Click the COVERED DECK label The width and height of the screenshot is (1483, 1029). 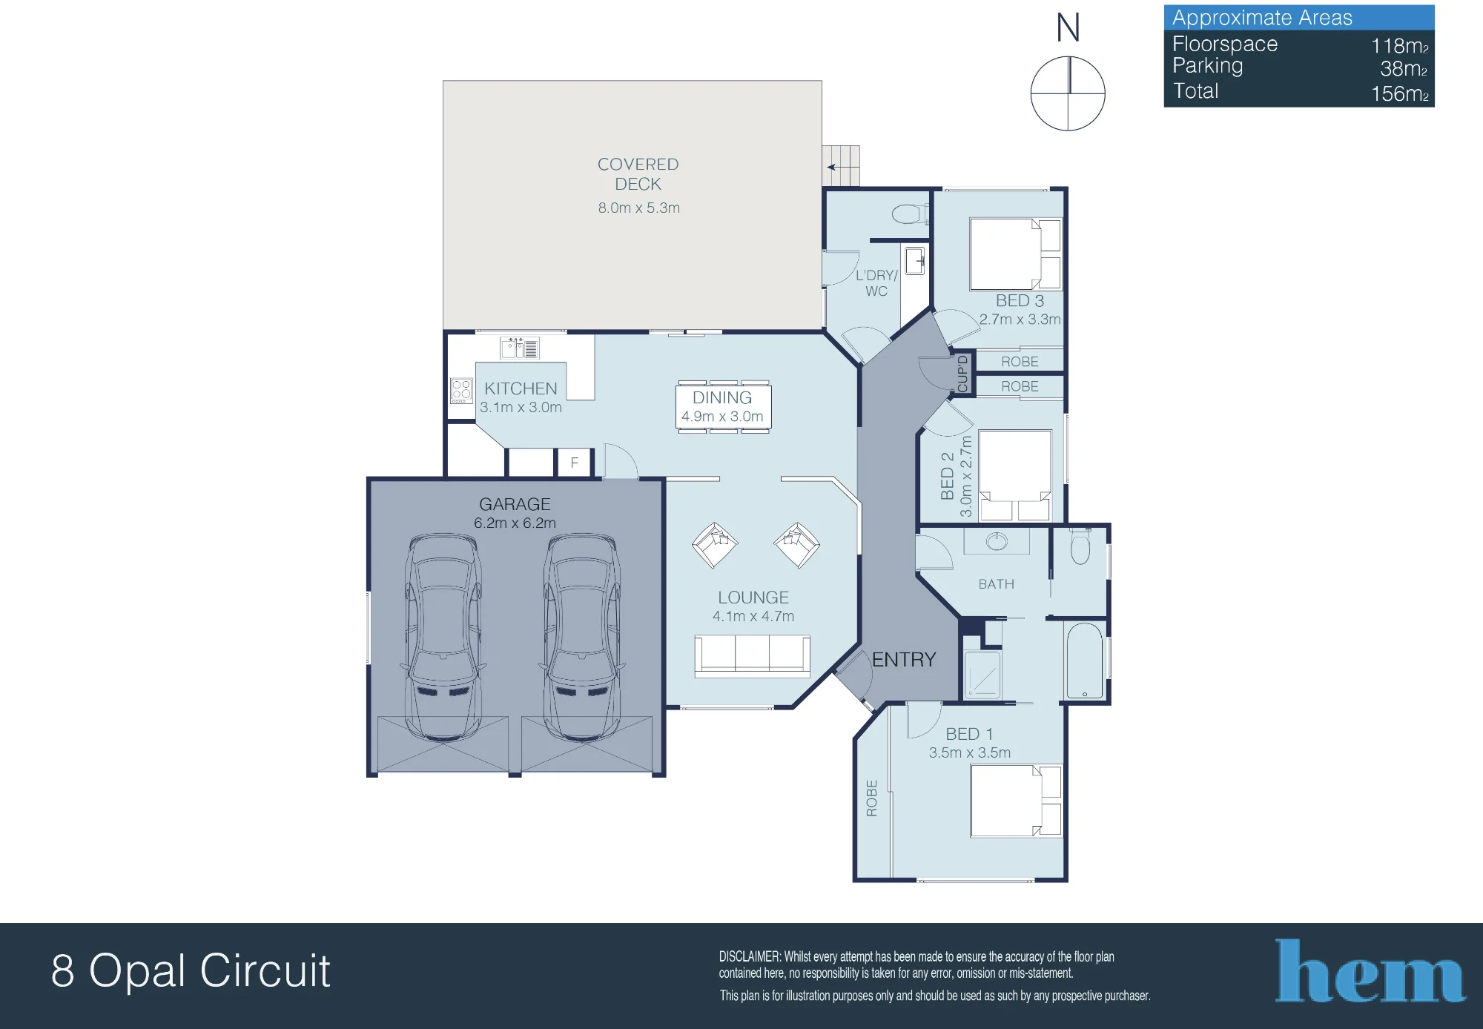coord(638,174)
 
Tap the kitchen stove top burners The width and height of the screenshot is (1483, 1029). coord(461,391)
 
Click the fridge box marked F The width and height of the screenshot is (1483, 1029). coord(575,463)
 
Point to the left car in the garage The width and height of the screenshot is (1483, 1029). coord(443,638)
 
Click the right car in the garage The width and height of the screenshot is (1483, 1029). coord(583,638)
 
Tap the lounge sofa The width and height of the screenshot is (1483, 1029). coord(752,656)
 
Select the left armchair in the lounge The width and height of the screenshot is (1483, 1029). coord(715,545)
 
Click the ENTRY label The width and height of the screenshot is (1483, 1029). coord(903,660)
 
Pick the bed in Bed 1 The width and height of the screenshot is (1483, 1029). coord(1016,801)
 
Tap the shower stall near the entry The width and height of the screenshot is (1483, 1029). coord(982,675)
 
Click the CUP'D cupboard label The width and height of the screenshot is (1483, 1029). coord(962,373)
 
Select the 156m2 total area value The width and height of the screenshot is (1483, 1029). coord(1399,93)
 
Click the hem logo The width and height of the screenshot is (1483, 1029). coord(1370,971)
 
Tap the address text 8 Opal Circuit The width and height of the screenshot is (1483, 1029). coord(191,970)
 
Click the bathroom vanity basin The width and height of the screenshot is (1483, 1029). coord(997,541)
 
